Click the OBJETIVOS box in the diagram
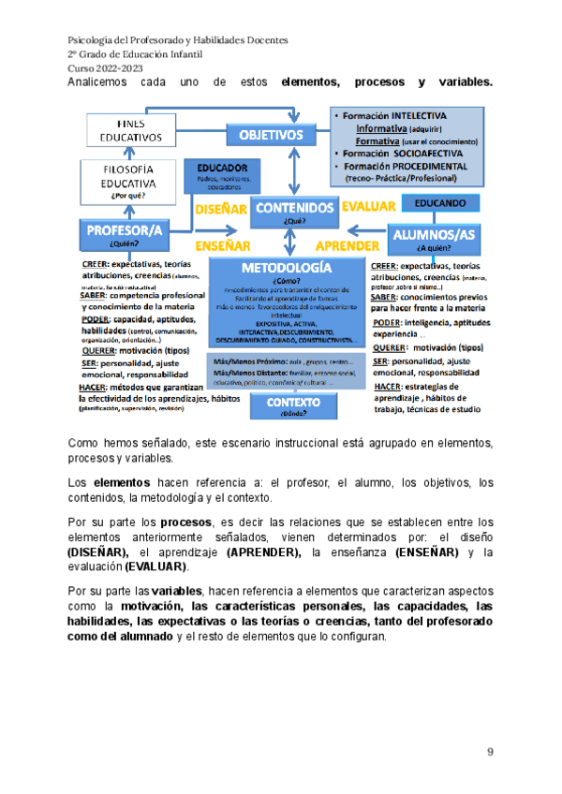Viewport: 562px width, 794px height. pos(271,136)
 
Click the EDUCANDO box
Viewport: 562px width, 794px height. pos(439,202)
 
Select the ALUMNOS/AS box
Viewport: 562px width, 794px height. pos(435,235)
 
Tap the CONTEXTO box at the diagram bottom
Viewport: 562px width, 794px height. pos(294,404)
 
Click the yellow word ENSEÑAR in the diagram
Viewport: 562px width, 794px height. pos(222,247)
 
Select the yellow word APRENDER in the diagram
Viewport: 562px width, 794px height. pos(347,247)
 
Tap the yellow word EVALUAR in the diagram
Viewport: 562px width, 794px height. pos(366,206)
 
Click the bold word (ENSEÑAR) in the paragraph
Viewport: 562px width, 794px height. pos(428,553)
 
